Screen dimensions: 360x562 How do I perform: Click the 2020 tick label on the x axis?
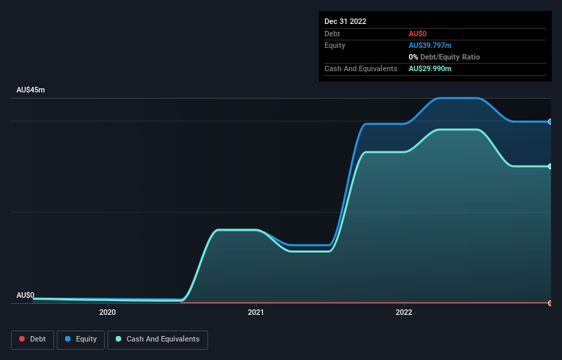[x=107, y=313]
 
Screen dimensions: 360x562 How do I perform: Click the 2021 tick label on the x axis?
[x=256, y=313]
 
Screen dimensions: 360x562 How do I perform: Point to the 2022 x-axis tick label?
[x=404, y=313]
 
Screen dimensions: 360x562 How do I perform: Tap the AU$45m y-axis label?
[x=31, y=90]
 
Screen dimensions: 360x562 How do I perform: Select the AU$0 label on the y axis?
[x=25, y=295]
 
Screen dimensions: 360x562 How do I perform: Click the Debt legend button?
[x=33, y=339]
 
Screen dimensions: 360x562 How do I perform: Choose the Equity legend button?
[x=81, y=339]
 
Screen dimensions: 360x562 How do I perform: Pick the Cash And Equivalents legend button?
[x=157, y=339]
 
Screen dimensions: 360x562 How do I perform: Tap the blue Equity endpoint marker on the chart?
[x=550, y=122]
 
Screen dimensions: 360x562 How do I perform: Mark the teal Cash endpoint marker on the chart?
[x=550, y=166]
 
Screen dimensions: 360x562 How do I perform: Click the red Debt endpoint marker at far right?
[x=550, y=303]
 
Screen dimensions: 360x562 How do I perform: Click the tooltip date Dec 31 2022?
[x=345, y=21]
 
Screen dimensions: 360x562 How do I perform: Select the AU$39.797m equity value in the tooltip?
[x=430, y=45]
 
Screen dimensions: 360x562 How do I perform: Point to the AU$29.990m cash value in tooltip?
[x=430, y=68]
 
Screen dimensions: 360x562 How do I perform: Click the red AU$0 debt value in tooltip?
[x=418, y=34]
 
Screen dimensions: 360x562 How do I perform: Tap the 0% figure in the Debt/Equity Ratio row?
[x=413, y=57]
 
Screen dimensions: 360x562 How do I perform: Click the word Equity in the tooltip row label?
[x=335, y=45]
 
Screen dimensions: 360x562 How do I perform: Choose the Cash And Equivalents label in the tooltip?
[x=361, y=68]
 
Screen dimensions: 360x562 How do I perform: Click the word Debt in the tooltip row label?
[x=332, y=34]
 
